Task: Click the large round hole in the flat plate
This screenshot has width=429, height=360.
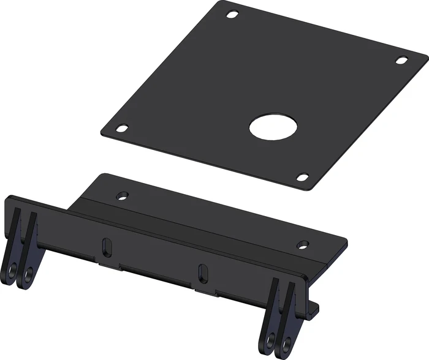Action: click(x=273, y=127)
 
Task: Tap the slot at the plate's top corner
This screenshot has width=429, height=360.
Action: click(x=232, y=14)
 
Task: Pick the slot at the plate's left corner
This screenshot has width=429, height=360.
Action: click(x=123, y=129)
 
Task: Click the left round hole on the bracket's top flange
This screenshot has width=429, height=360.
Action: click(x=123, y=196)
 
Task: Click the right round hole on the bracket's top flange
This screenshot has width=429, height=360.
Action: click(x=302, y=245)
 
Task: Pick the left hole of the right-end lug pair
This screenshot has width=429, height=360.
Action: click(x=270, y=338)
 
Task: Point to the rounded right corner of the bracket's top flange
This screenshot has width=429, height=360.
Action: click(x=344, y=241)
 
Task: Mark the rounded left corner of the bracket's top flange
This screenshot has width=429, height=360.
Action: click(x=101, y=177)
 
